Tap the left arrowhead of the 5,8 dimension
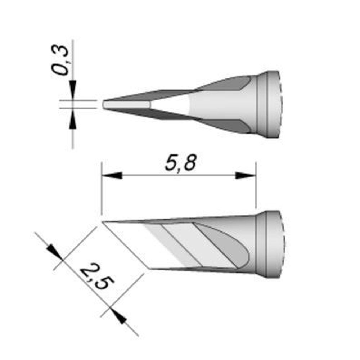112,176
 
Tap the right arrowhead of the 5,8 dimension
246,176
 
